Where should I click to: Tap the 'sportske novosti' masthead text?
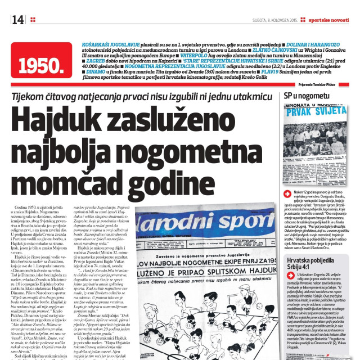[x=327, y=20]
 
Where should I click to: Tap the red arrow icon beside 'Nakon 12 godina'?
[x=289, y=195]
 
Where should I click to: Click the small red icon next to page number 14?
[x=33, y=20]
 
